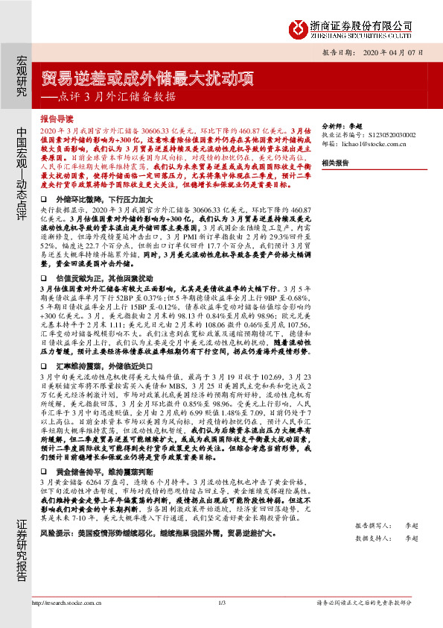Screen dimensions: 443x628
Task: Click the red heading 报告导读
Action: point(57,119)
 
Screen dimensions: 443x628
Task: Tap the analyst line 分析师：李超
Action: point(341,127)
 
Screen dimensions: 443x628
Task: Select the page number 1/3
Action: point(222,603)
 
